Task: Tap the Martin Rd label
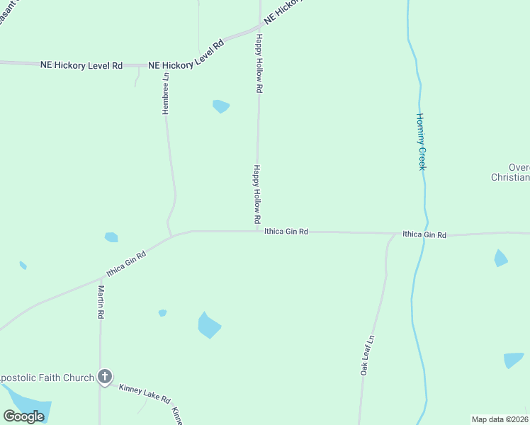pos(101,302)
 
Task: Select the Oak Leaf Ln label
pos(367,354)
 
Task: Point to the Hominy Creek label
pos(420,142)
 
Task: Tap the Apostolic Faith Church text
pos(47,378)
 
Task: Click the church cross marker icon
pos(105,377)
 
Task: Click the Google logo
pos(23,416)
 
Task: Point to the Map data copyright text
pos(500,419)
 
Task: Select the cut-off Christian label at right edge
pos(510,178)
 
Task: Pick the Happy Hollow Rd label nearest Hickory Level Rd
pos(259,64)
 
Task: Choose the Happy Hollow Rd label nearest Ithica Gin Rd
pos(257,196)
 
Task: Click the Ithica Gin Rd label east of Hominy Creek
pos(424,234)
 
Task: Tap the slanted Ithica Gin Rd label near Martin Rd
pos(126,264)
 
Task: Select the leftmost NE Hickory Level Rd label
pos(81,65)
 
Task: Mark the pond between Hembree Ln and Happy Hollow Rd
pos(221,107)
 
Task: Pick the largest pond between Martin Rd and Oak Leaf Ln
pos(209,325)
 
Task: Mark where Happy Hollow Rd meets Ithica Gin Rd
pos(257,230)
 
